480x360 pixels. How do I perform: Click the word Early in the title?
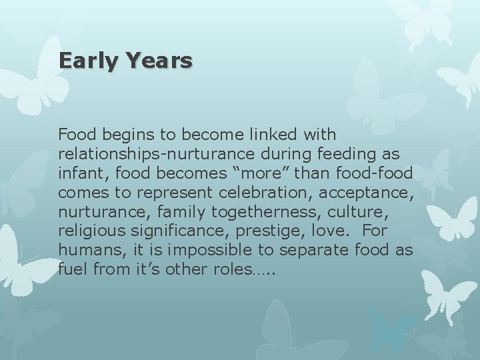pyautogui.click(x=87, y=61)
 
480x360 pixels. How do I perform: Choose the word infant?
pyautogui.click(x=77, y=173)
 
